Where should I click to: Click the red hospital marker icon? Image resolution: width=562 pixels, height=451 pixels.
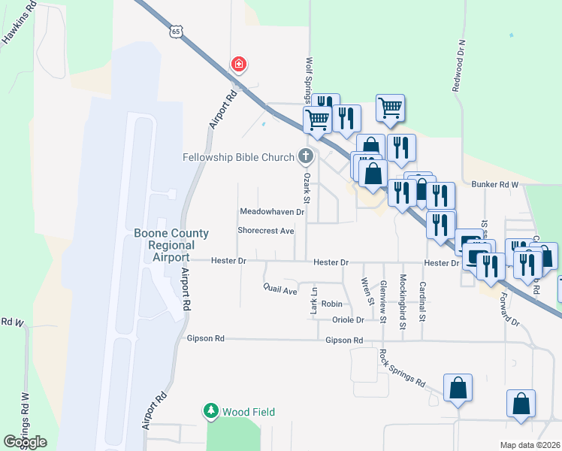coord(239,65)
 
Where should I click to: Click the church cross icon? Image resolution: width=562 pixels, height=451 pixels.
coord(306,156)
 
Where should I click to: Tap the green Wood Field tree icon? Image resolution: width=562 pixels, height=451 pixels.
coord(211,411)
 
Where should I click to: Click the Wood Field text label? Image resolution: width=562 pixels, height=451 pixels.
coord(249,412)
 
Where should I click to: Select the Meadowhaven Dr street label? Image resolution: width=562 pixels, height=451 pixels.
coord(271,212)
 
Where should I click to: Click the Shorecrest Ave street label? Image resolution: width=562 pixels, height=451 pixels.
coord(266,231)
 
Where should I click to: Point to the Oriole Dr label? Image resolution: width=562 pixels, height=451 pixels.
coord(348,319)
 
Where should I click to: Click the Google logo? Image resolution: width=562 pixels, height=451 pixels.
coord(25,441)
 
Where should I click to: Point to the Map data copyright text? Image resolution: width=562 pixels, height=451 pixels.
coord(530,445)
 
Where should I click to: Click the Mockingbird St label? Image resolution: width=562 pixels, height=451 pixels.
coord(403,303)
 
